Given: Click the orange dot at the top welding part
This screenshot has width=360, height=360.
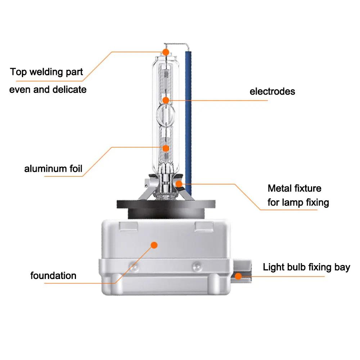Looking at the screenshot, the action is tap(166, 52).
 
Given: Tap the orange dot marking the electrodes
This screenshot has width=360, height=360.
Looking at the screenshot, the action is tap(166, 100).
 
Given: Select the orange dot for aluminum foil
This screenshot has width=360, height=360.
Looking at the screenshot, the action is tap(166, 148).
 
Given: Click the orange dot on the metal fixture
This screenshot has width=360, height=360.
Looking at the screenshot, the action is tap(179, 184).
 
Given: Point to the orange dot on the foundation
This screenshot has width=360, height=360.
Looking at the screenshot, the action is tap(154, 245).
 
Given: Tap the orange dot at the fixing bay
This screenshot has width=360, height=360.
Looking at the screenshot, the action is tap(238, 276).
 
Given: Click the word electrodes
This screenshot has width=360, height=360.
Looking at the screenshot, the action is tap(272, 91).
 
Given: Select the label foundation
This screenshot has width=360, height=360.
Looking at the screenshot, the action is tap(53, 275).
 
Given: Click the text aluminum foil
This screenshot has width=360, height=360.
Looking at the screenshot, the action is tap(53, 168).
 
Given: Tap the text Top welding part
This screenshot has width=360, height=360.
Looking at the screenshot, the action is tap(46, 72).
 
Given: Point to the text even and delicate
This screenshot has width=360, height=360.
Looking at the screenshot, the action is tap(48, 90).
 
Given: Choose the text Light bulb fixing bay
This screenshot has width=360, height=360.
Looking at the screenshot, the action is tap(306, 267).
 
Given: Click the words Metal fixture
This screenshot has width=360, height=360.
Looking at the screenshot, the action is tap(294, 188).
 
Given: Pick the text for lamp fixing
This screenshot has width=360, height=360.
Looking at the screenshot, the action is tap(298, 202).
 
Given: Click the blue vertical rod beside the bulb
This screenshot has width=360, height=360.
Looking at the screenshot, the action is tap(188, 123).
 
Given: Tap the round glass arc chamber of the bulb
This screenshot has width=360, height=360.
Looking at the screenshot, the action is tap(166, 114).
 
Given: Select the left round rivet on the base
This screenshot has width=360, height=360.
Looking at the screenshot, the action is tap(134, 267).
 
